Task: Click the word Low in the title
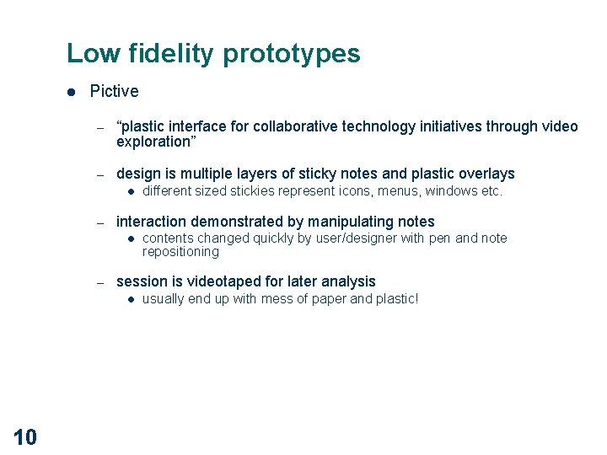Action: click(x=93, y=54)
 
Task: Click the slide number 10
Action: click(x=25, y=436)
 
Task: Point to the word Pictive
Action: click(x=114, y=91)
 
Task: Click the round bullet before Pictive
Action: click(x=73, y=91)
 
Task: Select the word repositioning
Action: click(x=180, y=252)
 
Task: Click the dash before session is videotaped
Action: click(x=99, y=282)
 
